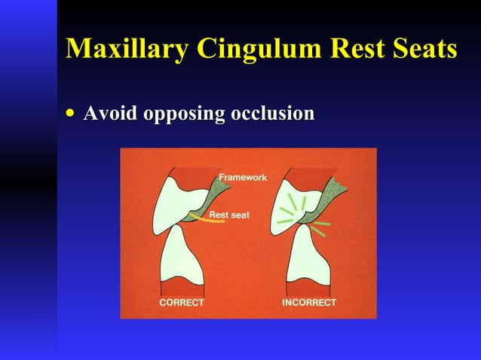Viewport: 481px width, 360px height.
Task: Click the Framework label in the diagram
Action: [243, 177]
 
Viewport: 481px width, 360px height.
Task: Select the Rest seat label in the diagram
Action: [229, 215]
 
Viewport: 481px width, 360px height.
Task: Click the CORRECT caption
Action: [181, 303]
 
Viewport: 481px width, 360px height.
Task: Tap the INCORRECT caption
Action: [309, 303]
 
